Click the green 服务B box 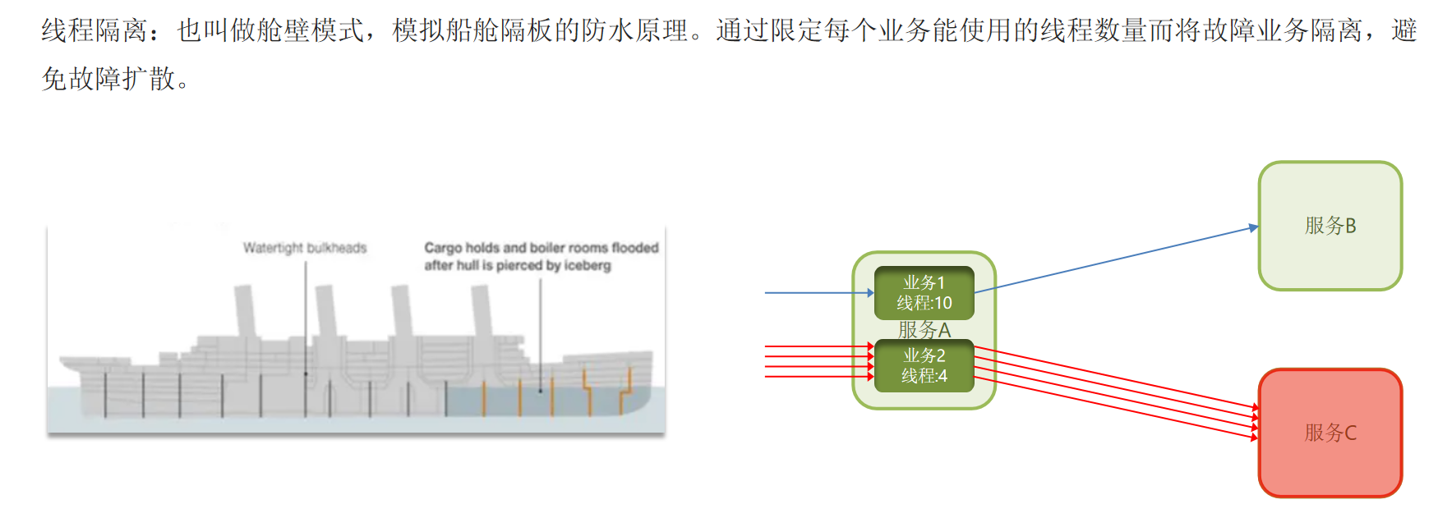(x=1330, y=226)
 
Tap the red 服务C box (x=1330, y=433)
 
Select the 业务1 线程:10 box (x=924, y=293)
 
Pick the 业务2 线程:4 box (x=924, y=365)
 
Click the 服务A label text (x=924, y=330)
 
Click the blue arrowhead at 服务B (x=1253, y=227)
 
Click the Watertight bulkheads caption (x=305, y=248)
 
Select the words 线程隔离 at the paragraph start (x=94, y=31)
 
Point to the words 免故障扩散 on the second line (x=108, y=80)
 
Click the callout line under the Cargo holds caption (x=540, y=328)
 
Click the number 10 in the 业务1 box (x=943, y=303)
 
